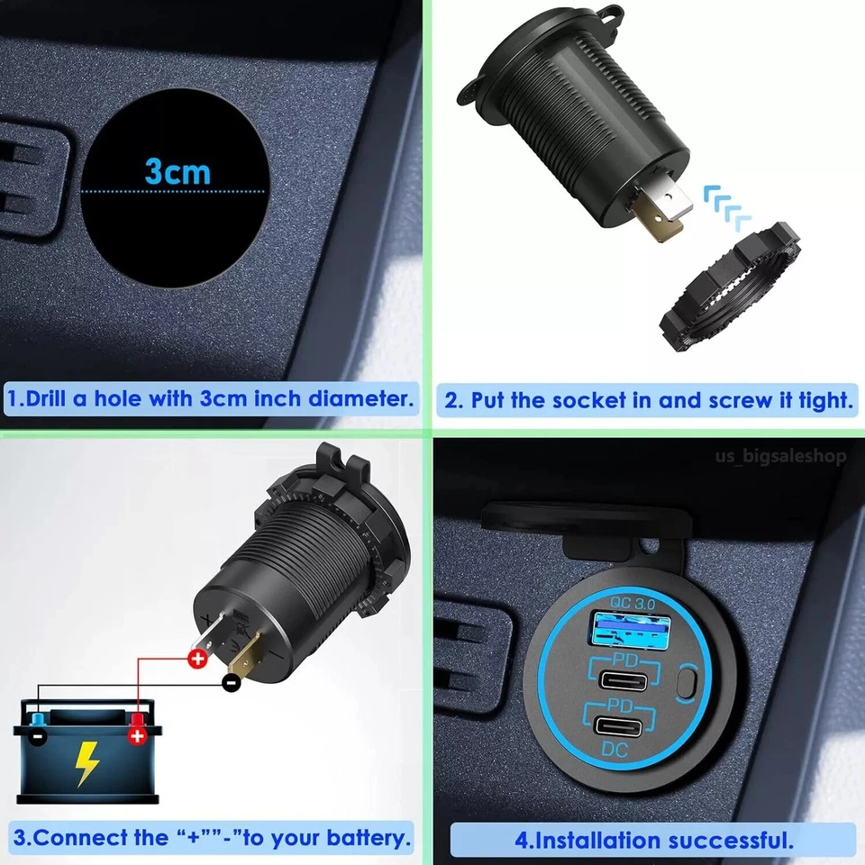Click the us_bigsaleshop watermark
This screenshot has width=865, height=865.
pyautogui.click(x=780, y=456)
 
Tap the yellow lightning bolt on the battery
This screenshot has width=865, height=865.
pyautogui.click(x=86, y=763)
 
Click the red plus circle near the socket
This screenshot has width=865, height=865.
pyautogui.click(x=196, y=660)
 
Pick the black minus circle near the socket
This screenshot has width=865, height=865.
pyautogui.click(x=232, y=682)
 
